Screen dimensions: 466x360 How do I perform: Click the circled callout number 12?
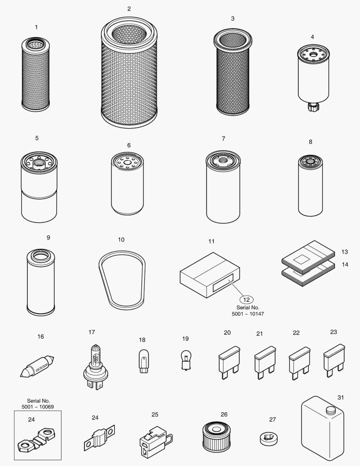(246, 299)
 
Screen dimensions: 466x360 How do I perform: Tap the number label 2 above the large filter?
(129, 9)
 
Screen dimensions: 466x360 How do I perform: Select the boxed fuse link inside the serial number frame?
(37, 438)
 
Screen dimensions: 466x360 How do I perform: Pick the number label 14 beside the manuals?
(345, 264)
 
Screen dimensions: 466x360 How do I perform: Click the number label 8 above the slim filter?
(310, 142)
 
